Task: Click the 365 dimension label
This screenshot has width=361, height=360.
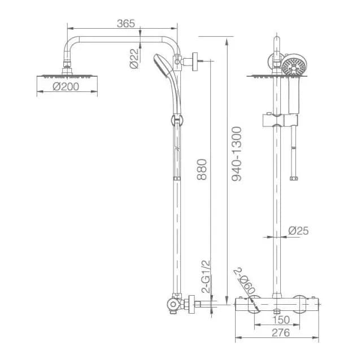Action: (x=126, y=24)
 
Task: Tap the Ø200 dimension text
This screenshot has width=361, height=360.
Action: (x=66, y=86)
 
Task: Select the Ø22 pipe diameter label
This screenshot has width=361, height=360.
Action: (x=134, y=59)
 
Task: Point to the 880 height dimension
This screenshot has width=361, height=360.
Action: (x=202, y=169)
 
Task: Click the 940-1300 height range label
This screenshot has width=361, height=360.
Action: (x=237, y=154)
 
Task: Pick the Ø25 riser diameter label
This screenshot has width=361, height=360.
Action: (x=298, y=230)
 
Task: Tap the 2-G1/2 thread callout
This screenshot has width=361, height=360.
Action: (x=206, y=276)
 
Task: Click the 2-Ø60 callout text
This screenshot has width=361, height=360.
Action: (x=245, y=281)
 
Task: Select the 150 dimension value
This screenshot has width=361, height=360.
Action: (x=281, y=320)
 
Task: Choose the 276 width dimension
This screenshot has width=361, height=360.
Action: (x=281, y=332)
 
